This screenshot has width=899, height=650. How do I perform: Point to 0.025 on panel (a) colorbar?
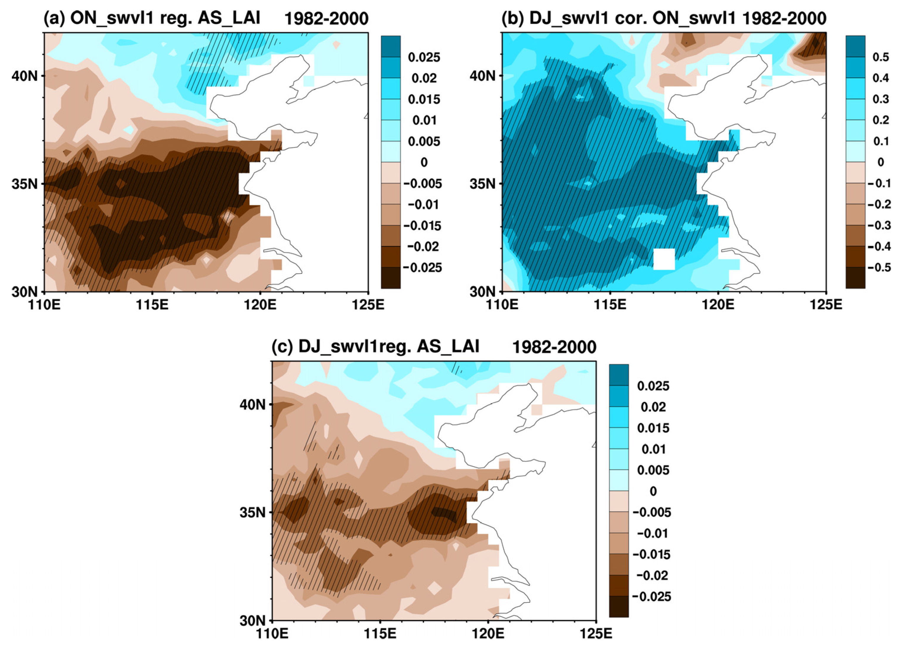pyautogui.click(x=424, y=58)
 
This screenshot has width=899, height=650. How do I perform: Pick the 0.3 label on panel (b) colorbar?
pyautogui.click(x=880, y=99)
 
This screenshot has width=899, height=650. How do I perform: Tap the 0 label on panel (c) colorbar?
pyautogui.click(x=653, y=491)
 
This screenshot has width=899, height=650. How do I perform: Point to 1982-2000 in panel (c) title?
pyautogui.click(x=554, y=347)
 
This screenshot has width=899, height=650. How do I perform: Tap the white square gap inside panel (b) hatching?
pyautogui.click(x=664, y=259)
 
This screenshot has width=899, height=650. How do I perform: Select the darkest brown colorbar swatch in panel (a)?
pyautogui.click(x=390, y=278)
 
